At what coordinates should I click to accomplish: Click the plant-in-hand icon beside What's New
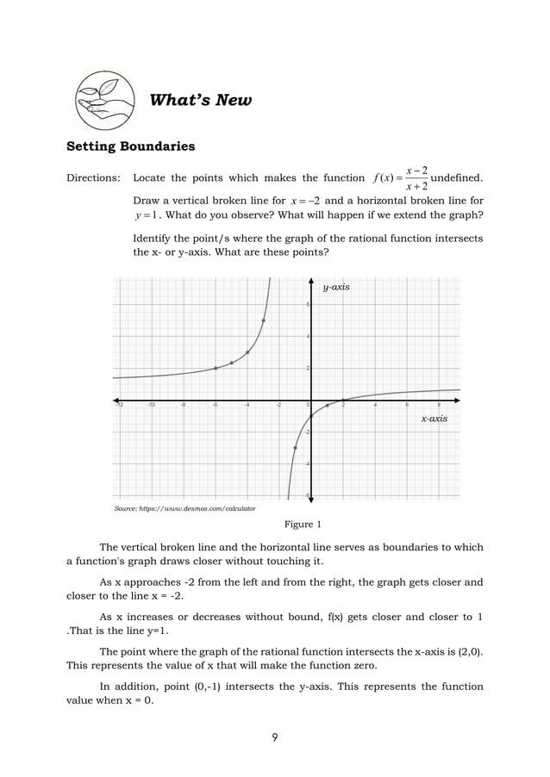pos(105,100)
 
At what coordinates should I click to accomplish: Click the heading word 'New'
pos(234,101)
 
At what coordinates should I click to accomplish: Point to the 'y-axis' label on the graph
pos(336,287)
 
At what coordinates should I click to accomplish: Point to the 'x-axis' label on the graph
pos(434,418)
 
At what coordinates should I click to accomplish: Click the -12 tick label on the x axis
pos(119,405)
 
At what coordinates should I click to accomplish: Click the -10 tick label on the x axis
pos(151,405)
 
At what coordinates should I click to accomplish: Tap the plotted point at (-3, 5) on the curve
pos(263,320)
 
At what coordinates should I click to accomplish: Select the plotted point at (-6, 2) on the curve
pos(216,368)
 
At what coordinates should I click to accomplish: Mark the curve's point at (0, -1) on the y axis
pos(311,416)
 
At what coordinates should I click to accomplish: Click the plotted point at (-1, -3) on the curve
pos(295,448)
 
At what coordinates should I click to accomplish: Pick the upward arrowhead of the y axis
pos(310,281)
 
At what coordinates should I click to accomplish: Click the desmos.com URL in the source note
pos(207,509)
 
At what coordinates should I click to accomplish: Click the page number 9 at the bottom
pos(274,737)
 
